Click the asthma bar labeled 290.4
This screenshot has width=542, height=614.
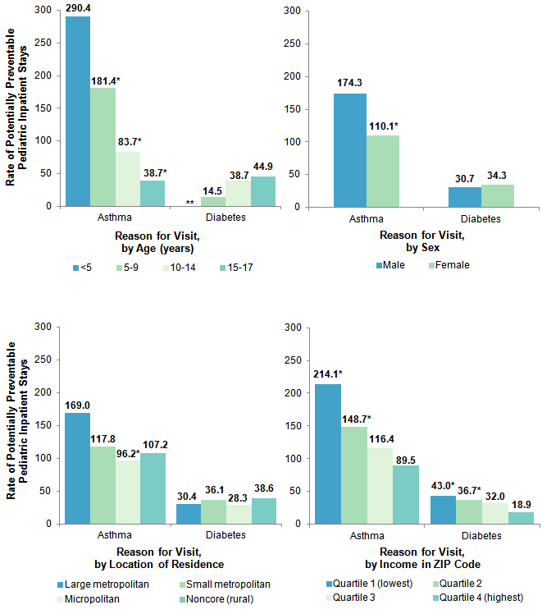tap(78, 111)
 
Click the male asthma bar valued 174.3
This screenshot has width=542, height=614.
tap(349, 149)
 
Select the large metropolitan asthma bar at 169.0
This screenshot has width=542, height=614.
tap(78, 468)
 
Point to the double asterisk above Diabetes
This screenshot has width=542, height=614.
tap(190, 203)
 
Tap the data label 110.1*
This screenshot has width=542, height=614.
tap(384, 126)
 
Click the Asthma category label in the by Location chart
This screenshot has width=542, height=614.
tap(115, 534)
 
